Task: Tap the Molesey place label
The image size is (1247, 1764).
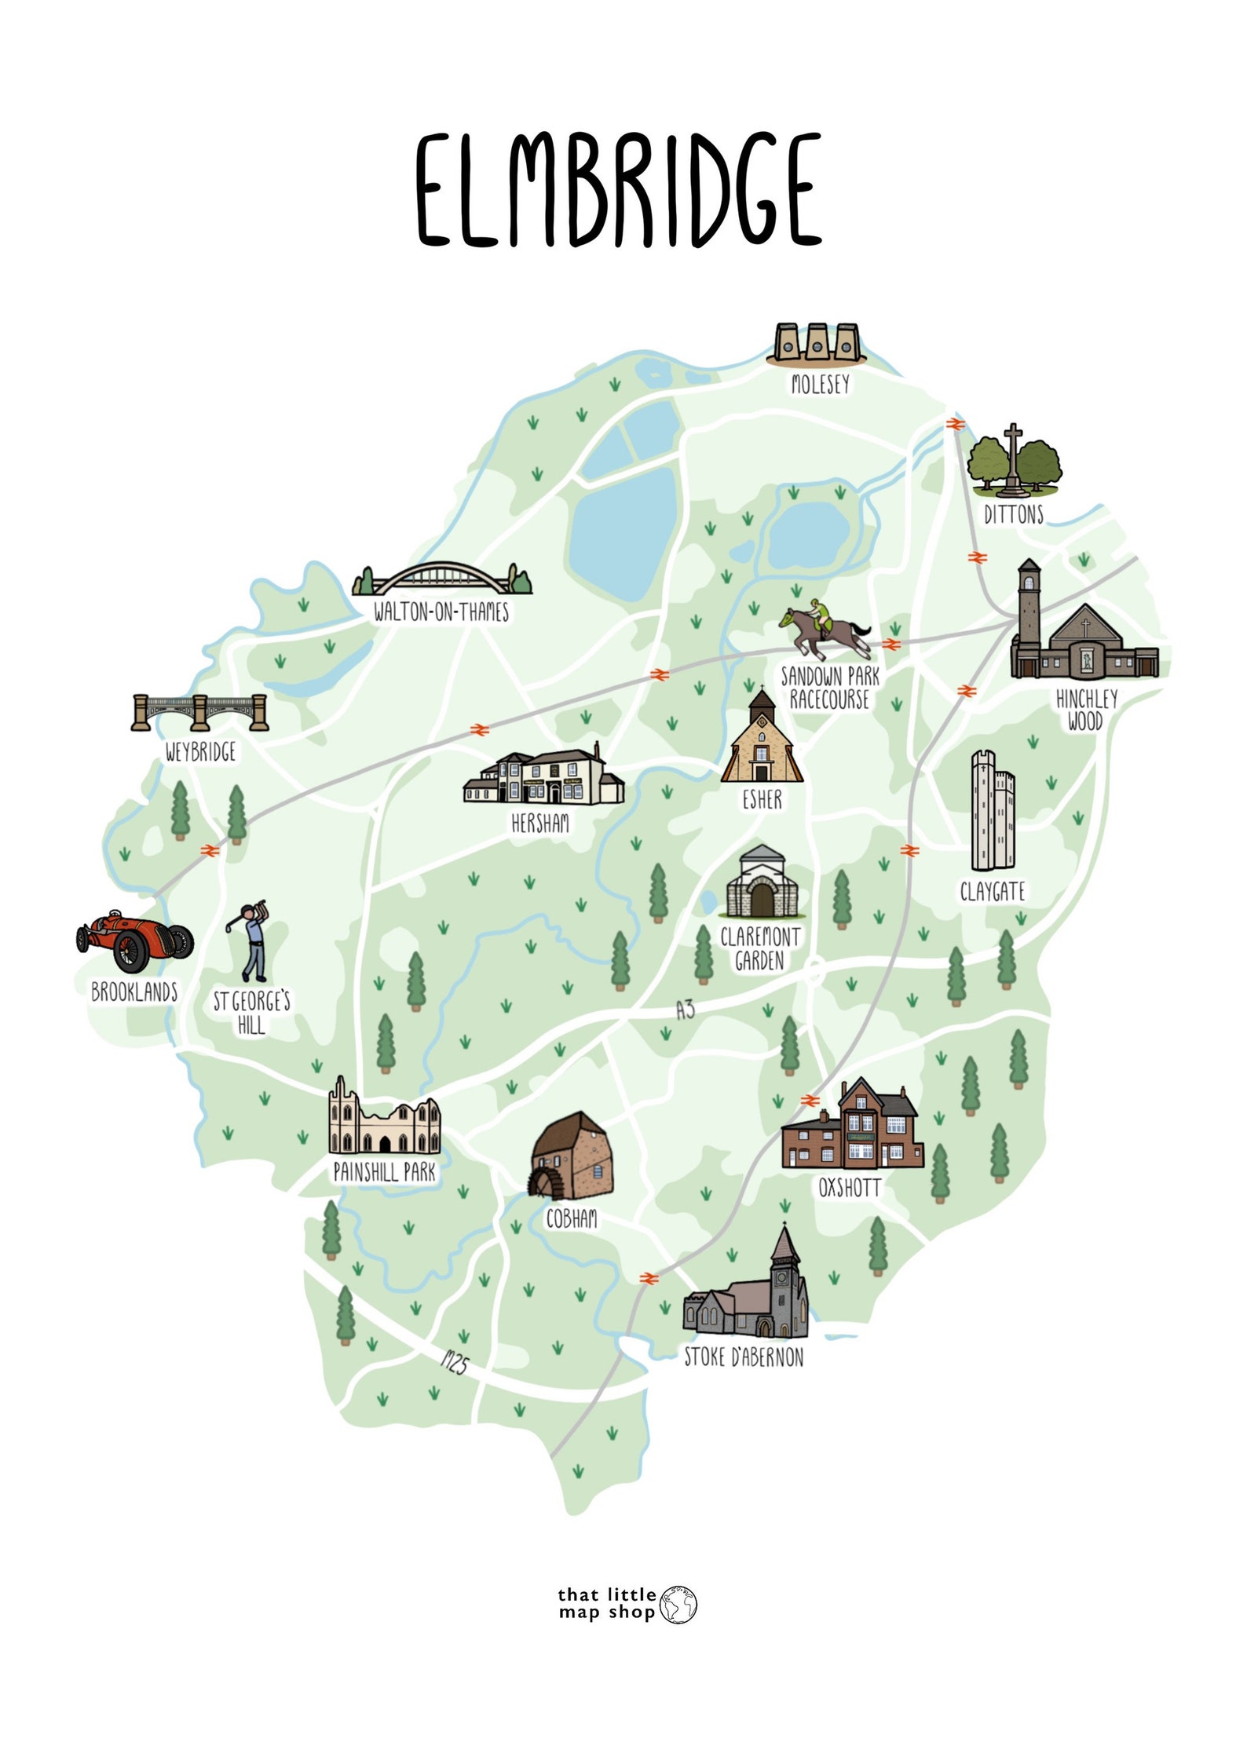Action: pos(820,384)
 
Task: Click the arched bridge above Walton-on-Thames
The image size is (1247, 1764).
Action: pos(441,579)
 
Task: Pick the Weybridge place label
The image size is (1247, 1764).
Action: pos(200,752)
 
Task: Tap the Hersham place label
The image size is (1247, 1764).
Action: pos(540,823)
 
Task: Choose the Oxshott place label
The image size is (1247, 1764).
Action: pos(850,1188)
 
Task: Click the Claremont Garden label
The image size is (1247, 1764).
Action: pos(759,948)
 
